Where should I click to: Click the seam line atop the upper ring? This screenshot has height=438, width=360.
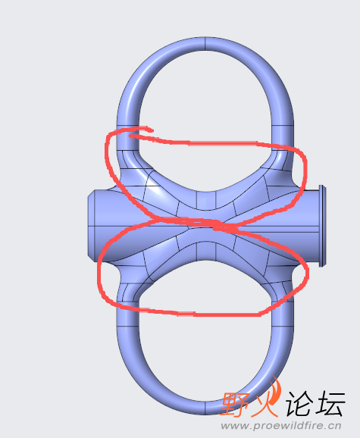pos(205,44)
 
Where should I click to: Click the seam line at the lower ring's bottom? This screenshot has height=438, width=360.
pos(205,408)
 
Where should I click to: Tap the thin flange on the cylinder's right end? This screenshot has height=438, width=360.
pos(321,225)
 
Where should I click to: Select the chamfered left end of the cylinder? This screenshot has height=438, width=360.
pos(92,226)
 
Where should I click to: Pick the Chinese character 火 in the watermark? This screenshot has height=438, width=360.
pos(265,404)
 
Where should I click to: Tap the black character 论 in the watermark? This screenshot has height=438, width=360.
pos(299,403)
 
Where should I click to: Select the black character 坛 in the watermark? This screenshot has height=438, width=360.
pos(330,403)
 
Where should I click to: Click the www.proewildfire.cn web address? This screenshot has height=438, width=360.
pos(281,426)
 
